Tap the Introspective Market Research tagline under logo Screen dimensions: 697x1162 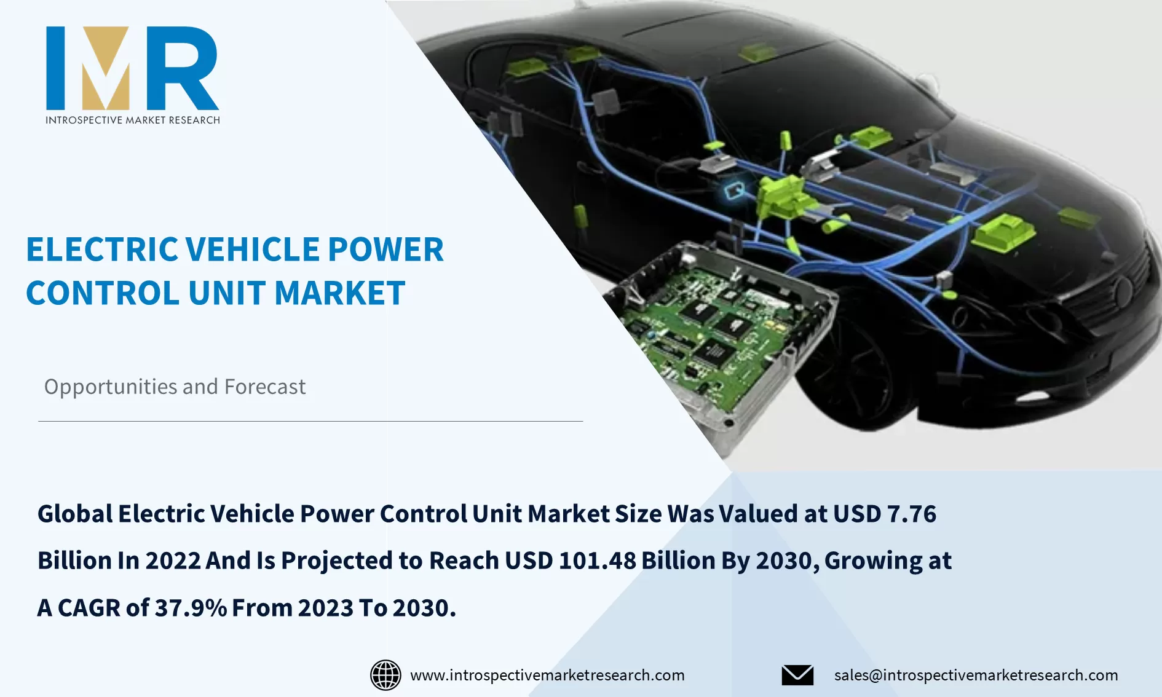[132, 120]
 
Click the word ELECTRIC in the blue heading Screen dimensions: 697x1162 [101, 250]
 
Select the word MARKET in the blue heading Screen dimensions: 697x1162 [339, 293]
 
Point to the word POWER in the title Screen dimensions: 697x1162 [385, 250]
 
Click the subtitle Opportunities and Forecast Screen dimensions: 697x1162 [175, 387]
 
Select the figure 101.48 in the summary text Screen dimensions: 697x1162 [597, 561]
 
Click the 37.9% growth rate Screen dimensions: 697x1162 [191, 608]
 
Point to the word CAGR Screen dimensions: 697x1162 [89, 608]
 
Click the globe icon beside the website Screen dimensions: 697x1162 [385, 675]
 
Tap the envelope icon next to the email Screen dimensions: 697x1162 [797, 675]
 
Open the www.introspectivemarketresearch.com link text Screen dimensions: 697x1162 [547, 675]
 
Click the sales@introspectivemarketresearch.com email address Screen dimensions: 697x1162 [976, 675]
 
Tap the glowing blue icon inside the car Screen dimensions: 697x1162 [734, 191]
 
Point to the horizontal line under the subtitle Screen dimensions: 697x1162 [310, 421]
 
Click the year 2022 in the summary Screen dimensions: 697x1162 [173, 561]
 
